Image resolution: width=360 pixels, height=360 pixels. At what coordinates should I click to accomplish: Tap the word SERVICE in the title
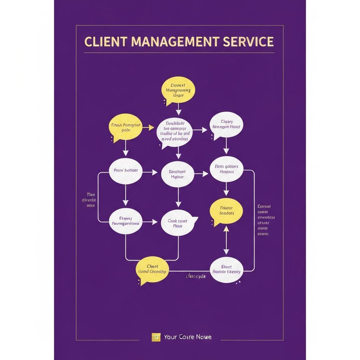coord(248,41)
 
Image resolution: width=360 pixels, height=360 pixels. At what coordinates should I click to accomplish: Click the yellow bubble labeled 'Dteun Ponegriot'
coord(126,127)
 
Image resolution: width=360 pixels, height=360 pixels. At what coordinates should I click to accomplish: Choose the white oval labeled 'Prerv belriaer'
coord(126,171)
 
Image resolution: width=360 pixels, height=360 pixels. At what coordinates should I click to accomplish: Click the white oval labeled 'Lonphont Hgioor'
coord(178,174)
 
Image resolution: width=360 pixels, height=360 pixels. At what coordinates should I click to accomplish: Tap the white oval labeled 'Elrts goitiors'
coord(226,169)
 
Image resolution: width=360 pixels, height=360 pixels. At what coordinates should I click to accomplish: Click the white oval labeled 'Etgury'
coord(126,221)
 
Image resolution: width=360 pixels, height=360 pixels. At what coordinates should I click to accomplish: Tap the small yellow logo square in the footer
coord(156,337)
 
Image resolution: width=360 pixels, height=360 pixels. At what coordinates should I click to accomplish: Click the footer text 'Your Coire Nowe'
coord(188,337)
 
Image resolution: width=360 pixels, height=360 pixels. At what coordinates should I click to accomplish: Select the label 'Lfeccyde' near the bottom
coord(195,276)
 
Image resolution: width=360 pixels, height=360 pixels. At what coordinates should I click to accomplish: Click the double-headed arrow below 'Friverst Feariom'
coord(226,240)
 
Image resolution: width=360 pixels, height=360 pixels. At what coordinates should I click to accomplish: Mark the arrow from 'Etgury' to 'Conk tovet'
coord(150,222)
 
